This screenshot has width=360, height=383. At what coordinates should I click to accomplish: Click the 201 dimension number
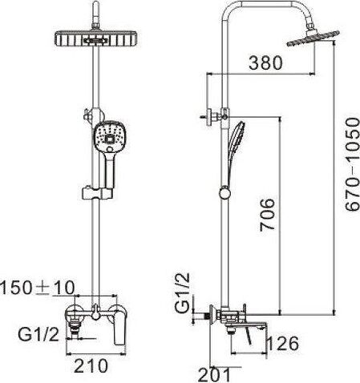218,373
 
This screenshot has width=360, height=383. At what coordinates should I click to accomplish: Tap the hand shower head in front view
108,139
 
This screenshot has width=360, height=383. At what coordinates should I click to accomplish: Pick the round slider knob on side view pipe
224,191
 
